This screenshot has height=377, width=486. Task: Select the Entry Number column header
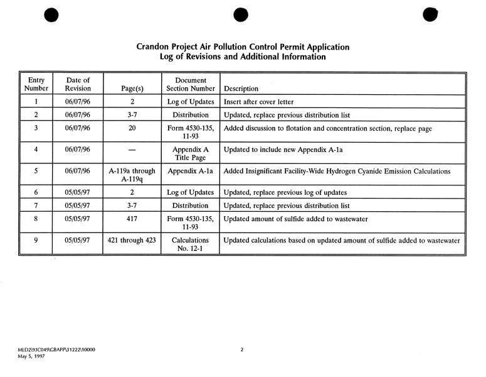(x=36, y=84)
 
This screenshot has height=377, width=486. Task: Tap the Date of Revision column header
(x=78, y=84)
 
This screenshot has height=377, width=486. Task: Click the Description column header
(x=241, y=89)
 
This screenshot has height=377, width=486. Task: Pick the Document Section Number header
(x=191, y=84)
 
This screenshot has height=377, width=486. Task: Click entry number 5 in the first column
(x=36, y=171)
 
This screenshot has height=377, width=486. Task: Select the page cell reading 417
(x=132, y=219)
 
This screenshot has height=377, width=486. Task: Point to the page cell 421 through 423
(x=132, y=241)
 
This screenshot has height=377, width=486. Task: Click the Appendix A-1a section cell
(x=191, y=171)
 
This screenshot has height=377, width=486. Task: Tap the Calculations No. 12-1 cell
(x=191, y=245)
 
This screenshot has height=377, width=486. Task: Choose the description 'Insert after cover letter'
(x=258, y=102)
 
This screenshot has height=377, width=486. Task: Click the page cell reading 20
(x=132, y=128)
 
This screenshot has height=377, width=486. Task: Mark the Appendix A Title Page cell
(x=191, y=154)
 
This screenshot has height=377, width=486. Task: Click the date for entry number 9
(x=78, y=241)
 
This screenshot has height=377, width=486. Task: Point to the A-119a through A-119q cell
(x=132, y=175)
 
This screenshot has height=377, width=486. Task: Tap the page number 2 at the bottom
(x=241, y=349)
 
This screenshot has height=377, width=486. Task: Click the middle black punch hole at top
(x=241, y=16)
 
